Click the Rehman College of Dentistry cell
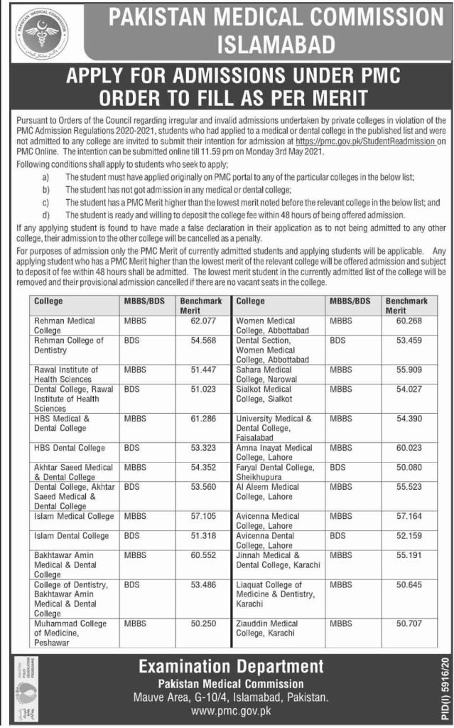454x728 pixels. [68, 345]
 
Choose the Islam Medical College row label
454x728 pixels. [73, 515]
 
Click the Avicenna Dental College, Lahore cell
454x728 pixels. [267, 540]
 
